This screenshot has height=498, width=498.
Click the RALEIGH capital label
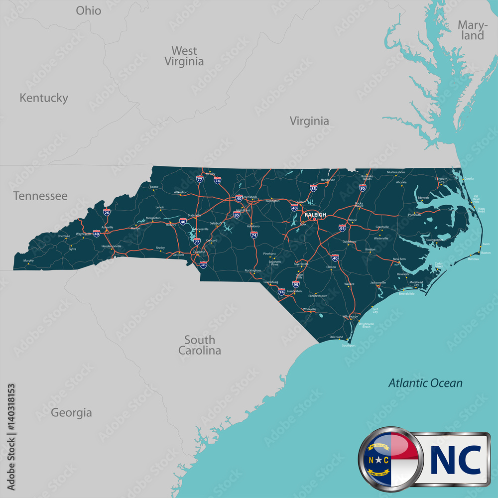tap(315, 215)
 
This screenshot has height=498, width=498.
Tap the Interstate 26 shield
tap(107, 212)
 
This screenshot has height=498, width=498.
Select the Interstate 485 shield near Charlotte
tap(203, 264)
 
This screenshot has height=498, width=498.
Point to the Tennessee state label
tap(40, 196)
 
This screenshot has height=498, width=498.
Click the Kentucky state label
tap(43, 98)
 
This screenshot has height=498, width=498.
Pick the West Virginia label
tap(184, 56)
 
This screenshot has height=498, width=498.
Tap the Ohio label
tap(88, 10)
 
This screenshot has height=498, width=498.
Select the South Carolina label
tap(200, 345)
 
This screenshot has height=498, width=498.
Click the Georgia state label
tap(71, 413)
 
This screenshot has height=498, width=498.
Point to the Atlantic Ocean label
tap(425, 383)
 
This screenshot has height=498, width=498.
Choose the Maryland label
tap(471, 30)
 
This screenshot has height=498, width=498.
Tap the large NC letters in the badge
tap(455, 459)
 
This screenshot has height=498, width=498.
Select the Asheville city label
tap(107, 227)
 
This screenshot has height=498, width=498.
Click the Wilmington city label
tap(350, 316)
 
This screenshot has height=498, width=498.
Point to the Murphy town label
tap(28, 260)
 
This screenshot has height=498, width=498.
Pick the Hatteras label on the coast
tap(473, 259)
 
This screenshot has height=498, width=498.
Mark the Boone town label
tap(154, 187)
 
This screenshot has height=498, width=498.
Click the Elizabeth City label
tap(441, 180)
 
